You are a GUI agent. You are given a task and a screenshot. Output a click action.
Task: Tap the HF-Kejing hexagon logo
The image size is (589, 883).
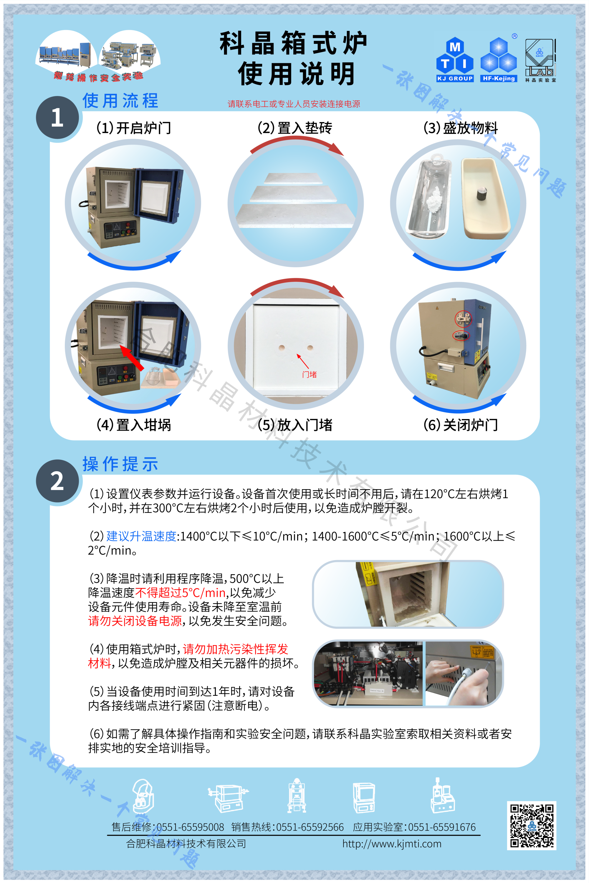499,59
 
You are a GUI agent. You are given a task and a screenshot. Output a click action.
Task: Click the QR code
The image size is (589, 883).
532,826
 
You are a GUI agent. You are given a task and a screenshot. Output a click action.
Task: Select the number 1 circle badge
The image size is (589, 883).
57,117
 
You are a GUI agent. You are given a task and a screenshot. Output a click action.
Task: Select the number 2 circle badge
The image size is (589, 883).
57,481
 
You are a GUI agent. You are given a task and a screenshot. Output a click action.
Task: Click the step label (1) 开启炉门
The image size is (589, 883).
134,128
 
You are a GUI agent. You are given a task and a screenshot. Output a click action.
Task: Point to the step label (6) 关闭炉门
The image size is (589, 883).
461,425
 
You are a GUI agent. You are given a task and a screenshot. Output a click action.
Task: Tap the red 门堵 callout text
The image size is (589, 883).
309,374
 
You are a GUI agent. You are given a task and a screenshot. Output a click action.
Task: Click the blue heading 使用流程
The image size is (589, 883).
120,101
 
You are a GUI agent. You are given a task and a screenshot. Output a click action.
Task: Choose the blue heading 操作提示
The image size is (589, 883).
120,464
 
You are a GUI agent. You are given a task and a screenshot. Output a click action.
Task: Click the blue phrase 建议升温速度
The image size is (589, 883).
141,536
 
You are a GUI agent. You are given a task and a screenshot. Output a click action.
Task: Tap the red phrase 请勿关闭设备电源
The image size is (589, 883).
135,620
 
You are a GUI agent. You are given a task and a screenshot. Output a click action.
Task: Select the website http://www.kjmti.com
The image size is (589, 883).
391,844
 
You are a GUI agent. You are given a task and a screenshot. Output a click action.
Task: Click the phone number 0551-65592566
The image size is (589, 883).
310,827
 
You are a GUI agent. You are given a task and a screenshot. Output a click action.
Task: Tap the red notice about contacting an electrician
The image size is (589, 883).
294,104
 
